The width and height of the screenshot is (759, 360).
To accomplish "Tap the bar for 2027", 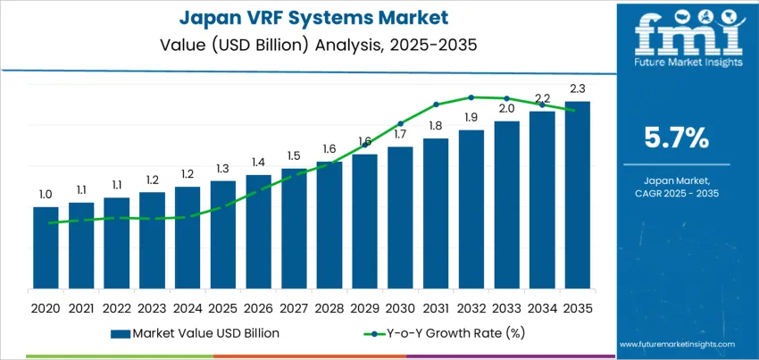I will point(294,229).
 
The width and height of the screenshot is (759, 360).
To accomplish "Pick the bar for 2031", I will point(436,213).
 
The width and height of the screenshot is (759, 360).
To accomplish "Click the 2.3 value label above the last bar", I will point(577,88).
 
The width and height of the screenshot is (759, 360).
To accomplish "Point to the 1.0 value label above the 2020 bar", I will point(46,194).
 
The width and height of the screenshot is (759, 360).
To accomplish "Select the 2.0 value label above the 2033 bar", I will point(506,108).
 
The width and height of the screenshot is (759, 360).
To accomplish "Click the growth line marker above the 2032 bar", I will point(471,97).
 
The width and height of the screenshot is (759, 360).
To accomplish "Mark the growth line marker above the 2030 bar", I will point(400,123).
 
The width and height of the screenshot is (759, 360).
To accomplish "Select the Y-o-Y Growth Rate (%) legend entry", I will point(442,333).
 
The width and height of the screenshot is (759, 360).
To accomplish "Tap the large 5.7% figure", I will point(676,138).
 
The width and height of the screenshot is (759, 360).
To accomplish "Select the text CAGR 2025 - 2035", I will point(676,193).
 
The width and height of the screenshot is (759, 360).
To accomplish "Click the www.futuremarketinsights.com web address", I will point(675,344).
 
